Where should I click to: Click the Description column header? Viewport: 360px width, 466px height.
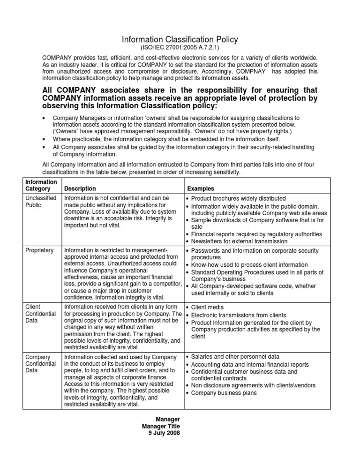pyautogui.click(x=82, y=188)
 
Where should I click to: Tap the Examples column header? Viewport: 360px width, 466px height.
pyautogui.click(x=203, y=188)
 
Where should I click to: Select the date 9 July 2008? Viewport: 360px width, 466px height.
pyautogui.click(x=164, y=432)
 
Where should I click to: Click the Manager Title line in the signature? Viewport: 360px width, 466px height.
pyautogui.click(x=161, y=425)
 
